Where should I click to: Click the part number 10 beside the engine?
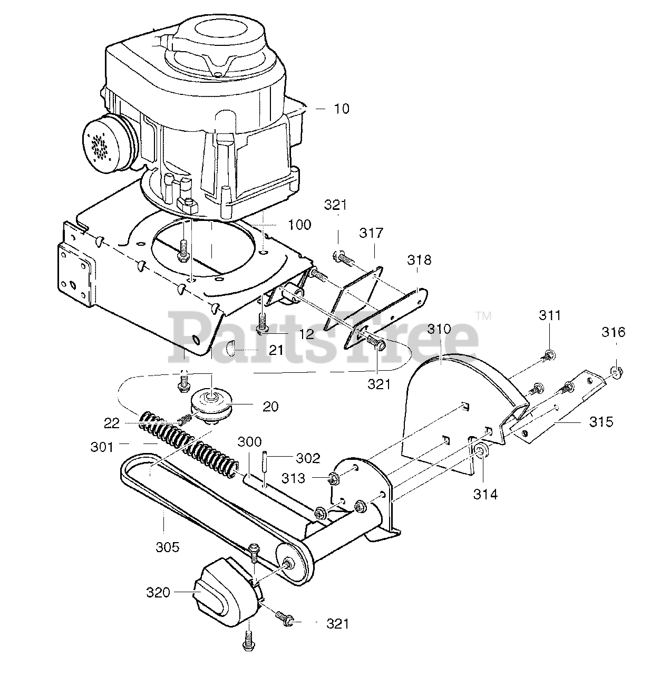pos(341,109)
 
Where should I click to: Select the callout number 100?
pos(299,225)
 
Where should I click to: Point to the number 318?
pos(419,259)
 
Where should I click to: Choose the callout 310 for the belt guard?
pos(439,330)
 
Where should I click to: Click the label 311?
pos(550,316)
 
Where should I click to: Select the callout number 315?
pos(601,422)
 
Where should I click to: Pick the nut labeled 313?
pos(333,479)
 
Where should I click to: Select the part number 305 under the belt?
pos(168,547)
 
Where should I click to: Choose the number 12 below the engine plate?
pos(307,334)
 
